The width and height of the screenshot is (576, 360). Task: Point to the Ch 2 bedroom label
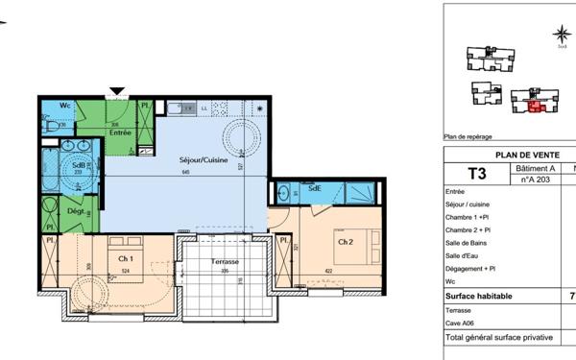[x=345, y=242]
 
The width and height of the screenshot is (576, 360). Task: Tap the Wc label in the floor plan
[x=64, y=105]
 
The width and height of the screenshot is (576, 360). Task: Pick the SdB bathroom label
[x=79, y=163]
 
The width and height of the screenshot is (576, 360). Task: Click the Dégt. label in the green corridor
[x=75, y=211]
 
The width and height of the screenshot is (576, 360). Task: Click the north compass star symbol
[x=561, y=36]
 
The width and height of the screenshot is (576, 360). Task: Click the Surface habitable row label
[x=479, y=297]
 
